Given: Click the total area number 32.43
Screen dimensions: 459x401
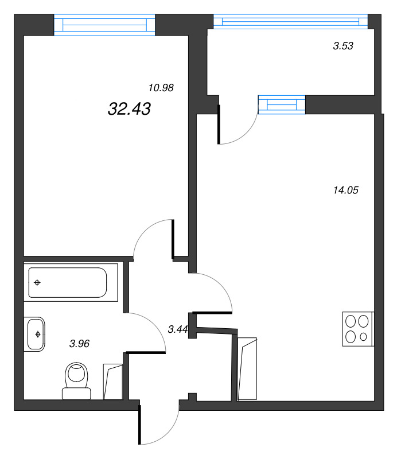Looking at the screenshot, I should click(x=129, y=109).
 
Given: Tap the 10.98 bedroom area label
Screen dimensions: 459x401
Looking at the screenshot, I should click(x=161, y=88).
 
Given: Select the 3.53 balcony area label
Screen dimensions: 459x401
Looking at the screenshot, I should click(x=342, y=46).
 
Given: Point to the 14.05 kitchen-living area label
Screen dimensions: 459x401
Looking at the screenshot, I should click(x=345, y=190).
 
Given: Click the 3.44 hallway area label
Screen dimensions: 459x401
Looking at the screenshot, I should click(x=178, y=329).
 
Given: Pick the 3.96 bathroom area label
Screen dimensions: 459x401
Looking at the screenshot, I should click(x=79, y=344).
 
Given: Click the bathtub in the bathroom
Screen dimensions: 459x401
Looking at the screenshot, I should click(x=68, y=282).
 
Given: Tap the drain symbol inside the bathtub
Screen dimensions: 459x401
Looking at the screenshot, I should click(x=38, y=282).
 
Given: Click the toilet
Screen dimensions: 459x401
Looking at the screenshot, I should click(x=77, y=380).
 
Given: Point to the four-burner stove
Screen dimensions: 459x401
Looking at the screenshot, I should click(x=358, y=329).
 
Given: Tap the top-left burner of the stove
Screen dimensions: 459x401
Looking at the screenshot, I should click(x=351, y=321).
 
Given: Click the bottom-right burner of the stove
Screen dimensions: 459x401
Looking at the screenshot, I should click(x=365, y=337).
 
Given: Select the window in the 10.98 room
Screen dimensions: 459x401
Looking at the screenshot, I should click(x=104, y=25).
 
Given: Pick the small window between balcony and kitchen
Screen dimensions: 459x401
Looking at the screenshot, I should click(x=282, y=105).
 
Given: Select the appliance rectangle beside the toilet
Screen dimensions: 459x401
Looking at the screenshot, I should click(x=113, y=381).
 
